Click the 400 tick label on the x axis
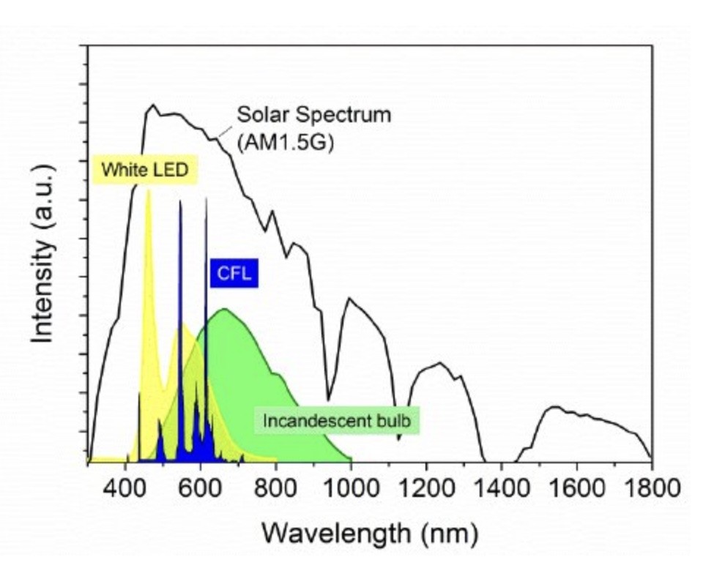(x=126, y=487)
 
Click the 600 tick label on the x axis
(x=201, y=487)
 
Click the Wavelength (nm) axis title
(x=370, y=531)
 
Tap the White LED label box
(x=145, y=170)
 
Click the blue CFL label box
(x=234, y=274)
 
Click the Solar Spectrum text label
(x=313, y=115)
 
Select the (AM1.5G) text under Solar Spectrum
(x=286, y=142)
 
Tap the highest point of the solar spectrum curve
(x=153, y=105)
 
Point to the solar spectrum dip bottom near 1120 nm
(x=398, y=440)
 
